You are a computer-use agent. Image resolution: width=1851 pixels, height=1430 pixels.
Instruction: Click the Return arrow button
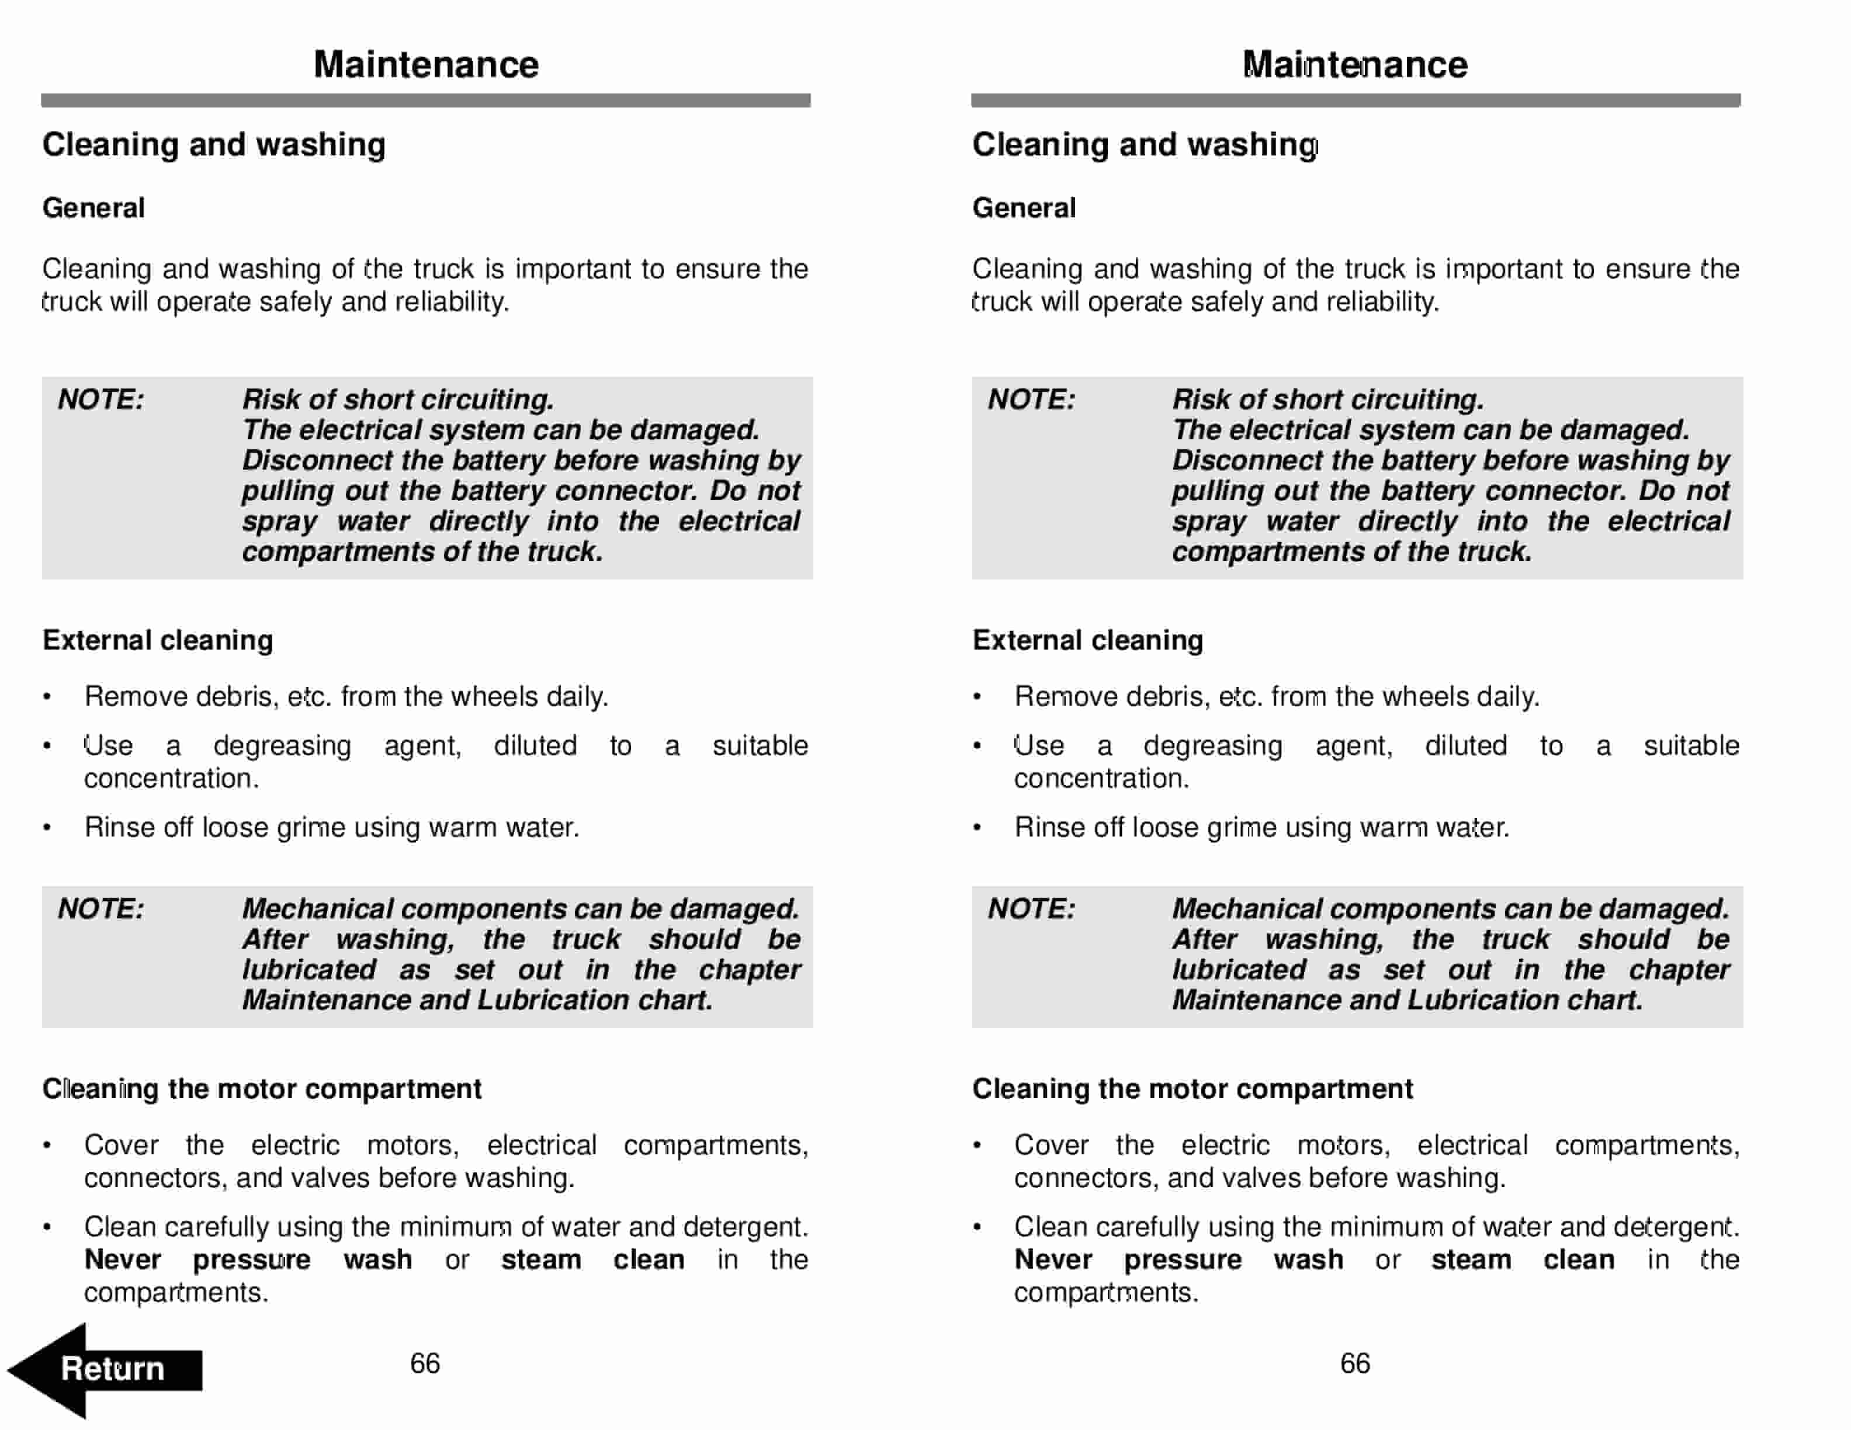click(x=106, y=1369)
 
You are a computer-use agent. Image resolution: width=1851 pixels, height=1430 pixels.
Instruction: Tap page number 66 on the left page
click(x=425, y=1363)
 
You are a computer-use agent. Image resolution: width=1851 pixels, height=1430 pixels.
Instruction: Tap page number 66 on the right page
click(x=1354, y=1363)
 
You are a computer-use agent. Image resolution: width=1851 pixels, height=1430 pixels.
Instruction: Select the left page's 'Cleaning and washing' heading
click(x=214, y=145)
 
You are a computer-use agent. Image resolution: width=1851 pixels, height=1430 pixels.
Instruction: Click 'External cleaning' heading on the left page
click(x=158, y=640)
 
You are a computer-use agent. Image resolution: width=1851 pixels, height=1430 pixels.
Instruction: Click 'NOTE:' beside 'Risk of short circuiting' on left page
click(x=101, y=400)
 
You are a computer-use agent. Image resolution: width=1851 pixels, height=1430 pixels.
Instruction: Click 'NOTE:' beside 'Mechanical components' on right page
click(x=1031, y=909)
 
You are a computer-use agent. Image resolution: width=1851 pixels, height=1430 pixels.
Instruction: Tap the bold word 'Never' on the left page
click(x=122, y=1260)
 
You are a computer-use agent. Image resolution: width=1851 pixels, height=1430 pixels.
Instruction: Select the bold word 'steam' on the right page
click(x=1471, y=1260)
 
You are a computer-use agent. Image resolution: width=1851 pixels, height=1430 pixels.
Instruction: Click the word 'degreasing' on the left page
click(x=282, y=747)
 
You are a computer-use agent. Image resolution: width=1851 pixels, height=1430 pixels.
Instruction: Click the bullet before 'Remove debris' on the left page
click(x=47, y=697)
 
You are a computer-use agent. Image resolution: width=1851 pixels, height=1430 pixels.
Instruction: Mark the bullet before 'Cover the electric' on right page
click(x=977, y=1146)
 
